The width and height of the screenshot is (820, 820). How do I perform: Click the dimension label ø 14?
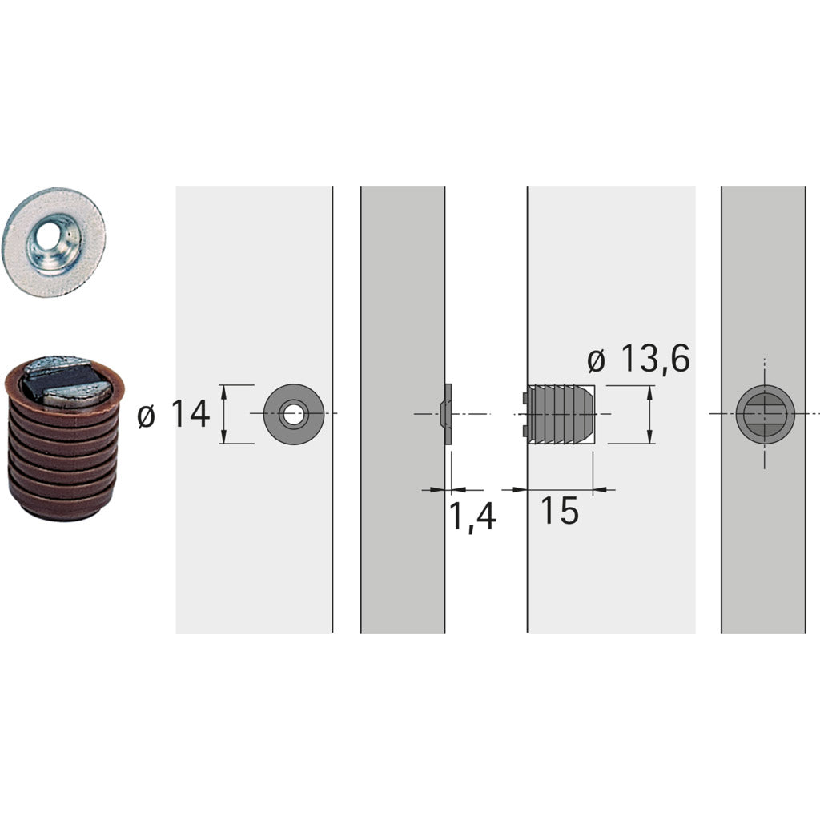coord(174,415)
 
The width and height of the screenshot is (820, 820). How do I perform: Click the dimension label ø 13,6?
coord(638,360)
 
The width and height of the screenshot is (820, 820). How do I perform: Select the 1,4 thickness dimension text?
coord(472,517)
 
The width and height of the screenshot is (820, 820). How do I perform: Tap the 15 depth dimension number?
coord(559,511)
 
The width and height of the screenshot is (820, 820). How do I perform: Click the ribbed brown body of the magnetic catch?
coord(62,464)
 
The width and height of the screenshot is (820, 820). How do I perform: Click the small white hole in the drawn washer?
coord(294,415)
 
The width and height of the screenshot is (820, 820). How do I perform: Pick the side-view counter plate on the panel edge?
coord(448,414)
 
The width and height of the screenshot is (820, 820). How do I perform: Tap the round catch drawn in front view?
coord(765,414)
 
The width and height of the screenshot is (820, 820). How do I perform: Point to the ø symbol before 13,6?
coord(597,362)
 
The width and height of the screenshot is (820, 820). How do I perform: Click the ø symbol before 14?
coord(146,416)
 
